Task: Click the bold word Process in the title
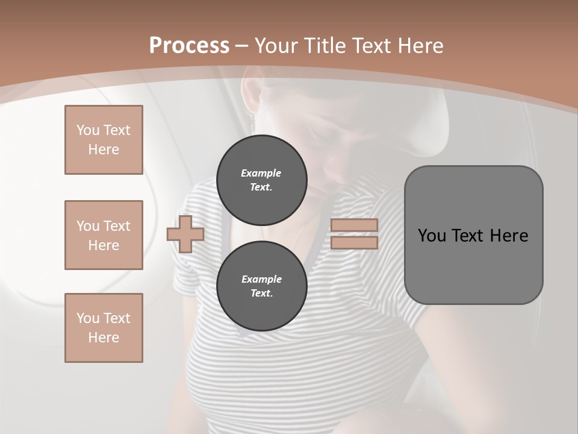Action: tap(189, 46)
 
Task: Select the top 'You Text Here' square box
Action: tap(104, 140)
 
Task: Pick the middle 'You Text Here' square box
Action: tap(104, 235)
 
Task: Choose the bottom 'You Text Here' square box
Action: tap(104, 327)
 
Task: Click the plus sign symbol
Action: tap(185, 234)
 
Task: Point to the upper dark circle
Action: tap(261, 180)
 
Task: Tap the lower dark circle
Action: tap(261, 286)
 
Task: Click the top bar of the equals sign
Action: tap(354, 225)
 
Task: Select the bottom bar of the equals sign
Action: tap(354, 242)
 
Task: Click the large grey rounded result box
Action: tap(473, 265)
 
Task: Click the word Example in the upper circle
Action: tap(261, 173)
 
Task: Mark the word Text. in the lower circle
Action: tap(261, 294)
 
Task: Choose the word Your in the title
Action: tap(275, 46)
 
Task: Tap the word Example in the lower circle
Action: tap(261, 279)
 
